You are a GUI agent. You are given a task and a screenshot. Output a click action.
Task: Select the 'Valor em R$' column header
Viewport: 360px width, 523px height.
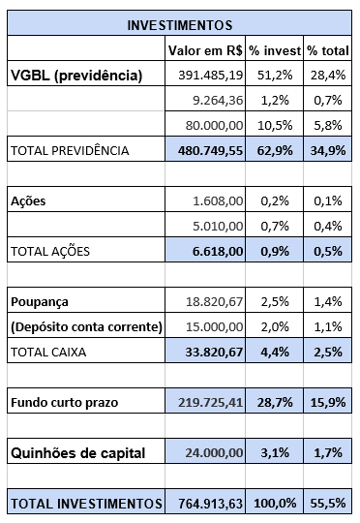[204, 49]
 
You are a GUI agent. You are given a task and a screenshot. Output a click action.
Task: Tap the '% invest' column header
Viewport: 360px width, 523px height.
[273, 49]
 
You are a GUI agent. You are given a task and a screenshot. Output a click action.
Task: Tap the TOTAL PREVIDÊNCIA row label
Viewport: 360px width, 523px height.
[69, 150]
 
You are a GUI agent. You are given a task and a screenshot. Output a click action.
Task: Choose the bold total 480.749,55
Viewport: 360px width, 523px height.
[206, 150]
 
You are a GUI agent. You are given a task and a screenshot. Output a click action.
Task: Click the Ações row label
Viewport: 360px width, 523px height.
[28, 200]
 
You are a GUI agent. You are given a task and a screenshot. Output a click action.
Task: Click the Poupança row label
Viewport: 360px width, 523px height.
[40, 302]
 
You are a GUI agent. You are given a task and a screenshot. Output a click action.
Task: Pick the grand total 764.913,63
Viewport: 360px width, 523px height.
[206, 503]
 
